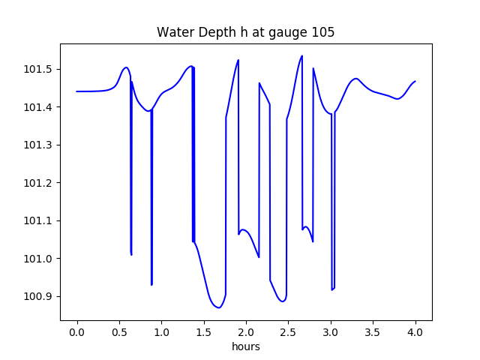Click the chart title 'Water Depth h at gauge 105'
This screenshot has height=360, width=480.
pyautogui.click(x=245, y=32)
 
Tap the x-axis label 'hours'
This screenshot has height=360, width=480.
pyautogui.click(x=245, y=347)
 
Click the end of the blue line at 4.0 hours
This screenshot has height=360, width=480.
pyautogui.click(x=415, y=81)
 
